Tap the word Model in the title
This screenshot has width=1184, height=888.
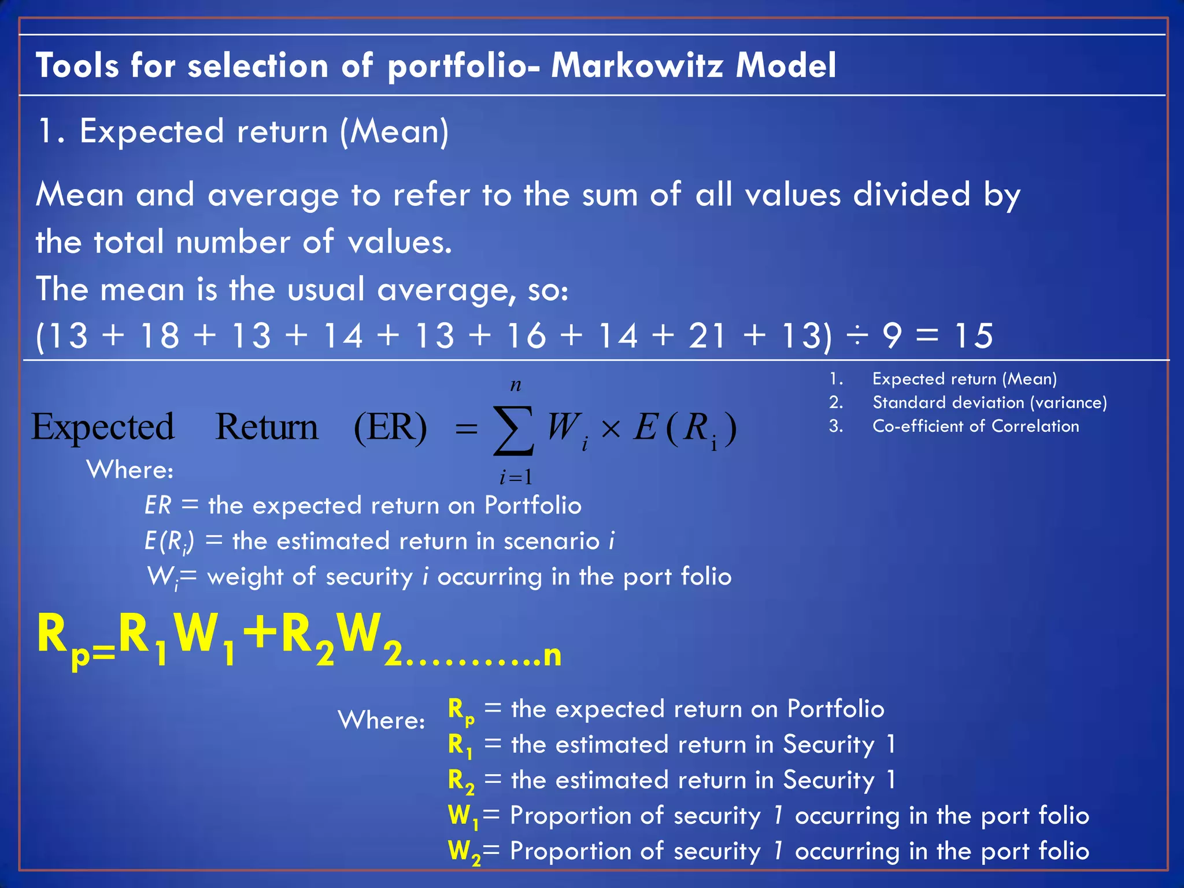786,65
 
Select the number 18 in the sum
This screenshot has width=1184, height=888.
160,336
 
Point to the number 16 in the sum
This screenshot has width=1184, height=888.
526,336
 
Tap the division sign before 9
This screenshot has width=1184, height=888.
857,336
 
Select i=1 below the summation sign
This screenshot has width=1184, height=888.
516,478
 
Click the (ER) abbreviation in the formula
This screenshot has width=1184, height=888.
390,428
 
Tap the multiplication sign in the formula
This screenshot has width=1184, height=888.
610,430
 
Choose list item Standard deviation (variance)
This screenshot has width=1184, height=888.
990,402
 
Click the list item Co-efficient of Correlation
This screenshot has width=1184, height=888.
975,426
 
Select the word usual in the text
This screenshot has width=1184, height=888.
326,289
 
